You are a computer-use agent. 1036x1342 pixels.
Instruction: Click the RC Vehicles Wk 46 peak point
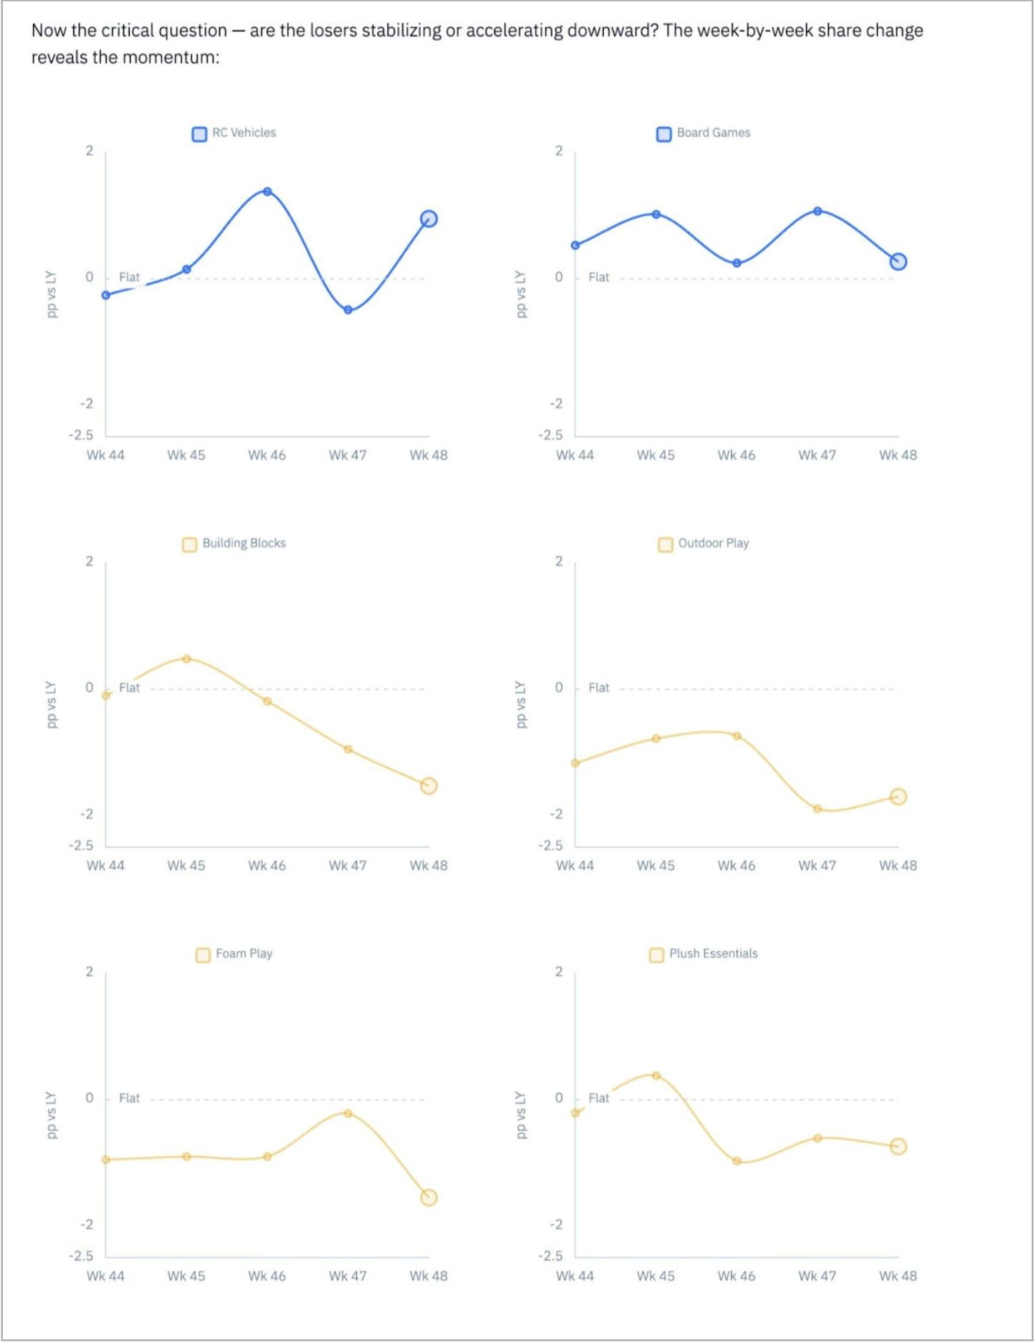(x=267, y=192)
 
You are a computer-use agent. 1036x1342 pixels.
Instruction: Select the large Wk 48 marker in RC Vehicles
(x=429, y=219)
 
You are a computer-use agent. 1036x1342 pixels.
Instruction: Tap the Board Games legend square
(x=664, y=134)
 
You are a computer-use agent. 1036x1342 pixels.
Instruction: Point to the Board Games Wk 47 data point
(x=817, y=211)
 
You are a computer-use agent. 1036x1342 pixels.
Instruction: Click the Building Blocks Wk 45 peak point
(x=186, y=658)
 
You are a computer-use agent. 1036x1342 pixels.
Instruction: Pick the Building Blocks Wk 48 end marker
(x=429, y=785)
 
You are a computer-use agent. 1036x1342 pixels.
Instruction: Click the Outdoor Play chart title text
(x=713, y=543)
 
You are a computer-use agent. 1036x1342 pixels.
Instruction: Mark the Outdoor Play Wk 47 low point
(x=817, y=809)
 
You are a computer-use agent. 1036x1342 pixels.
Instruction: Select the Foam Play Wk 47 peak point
(x=348, y=1113)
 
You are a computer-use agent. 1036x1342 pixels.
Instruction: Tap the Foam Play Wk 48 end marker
(x=429, y=1197)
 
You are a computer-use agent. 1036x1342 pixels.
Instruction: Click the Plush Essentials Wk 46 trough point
(x=737, y=1161)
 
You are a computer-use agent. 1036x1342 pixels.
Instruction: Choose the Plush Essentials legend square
(x=656, y=955)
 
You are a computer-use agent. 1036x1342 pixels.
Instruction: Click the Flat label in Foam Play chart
(x=129, y=1098)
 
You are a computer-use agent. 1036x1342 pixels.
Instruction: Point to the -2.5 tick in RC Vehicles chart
(x=81, y=435)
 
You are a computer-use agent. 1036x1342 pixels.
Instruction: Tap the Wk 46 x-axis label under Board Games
(x=736, y=455)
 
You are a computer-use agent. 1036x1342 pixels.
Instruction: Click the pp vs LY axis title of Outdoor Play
(x=520, y=705)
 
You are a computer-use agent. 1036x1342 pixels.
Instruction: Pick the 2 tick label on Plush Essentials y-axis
(x=559, y=971)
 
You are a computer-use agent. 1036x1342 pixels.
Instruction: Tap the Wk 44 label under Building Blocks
(x=105, y=865)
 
